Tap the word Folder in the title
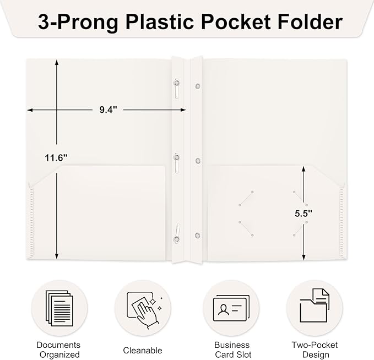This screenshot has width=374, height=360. tap(306, 22)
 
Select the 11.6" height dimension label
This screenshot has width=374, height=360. tap(56, 158)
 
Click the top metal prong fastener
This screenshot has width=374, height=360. tap(176, 88)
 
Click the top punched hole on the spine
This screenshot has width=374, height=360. tap(197, 86)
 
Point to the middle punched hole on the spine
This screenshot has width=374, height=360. tap(197, 161)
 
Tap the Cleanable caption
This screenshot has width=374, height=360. tap(143, 350)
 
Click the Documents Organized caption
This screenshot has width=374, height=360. tap(58, 350)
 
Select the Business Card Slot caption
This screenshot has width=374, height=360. tap(230, 350)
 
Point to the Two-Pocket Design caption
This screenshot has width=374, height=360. tap(315, 350)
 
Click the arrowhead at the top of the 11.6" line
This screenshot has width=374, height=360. tap(56, 62)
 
